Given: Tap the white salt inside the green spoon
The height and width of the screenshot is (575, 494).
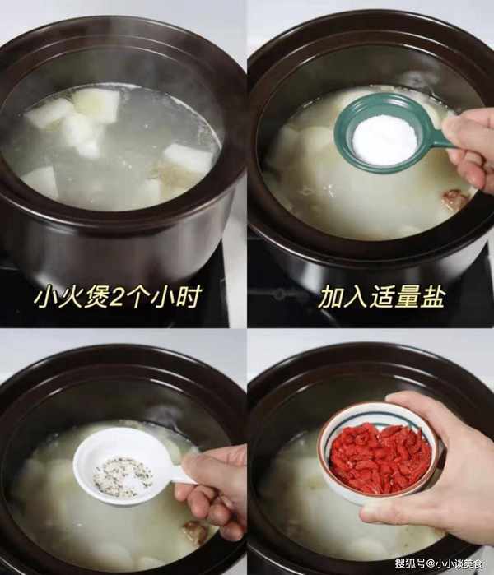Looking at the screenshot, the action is point(384,139).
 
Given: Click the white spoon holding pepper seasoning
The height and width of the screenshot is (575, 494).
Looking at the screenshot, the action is point(121,466).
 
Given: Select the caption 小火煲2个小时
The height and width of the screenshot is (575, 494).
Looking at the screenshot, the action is point(118,297).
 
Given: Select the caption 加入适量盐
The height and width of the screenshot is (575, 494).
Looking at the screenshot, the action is point(382,297).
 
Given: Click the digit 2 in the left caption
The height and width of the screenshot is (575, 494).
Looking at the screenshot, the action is point(119,298).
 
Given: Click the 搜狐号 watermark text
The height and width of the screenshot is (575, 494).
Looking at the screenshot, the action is point(410,563).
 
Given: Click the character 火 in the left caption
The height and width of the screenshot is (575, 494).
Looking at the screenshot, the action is point(70,297).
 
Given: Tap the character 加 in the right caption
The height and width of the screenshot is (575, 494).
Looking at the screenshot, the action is point(330,298).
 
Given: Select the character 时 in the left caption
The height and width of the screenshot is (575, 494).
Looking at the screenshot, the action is point(189,297).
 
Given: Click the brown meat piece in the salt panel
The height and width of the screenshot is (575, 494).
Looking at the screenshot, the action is point(457,199).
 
